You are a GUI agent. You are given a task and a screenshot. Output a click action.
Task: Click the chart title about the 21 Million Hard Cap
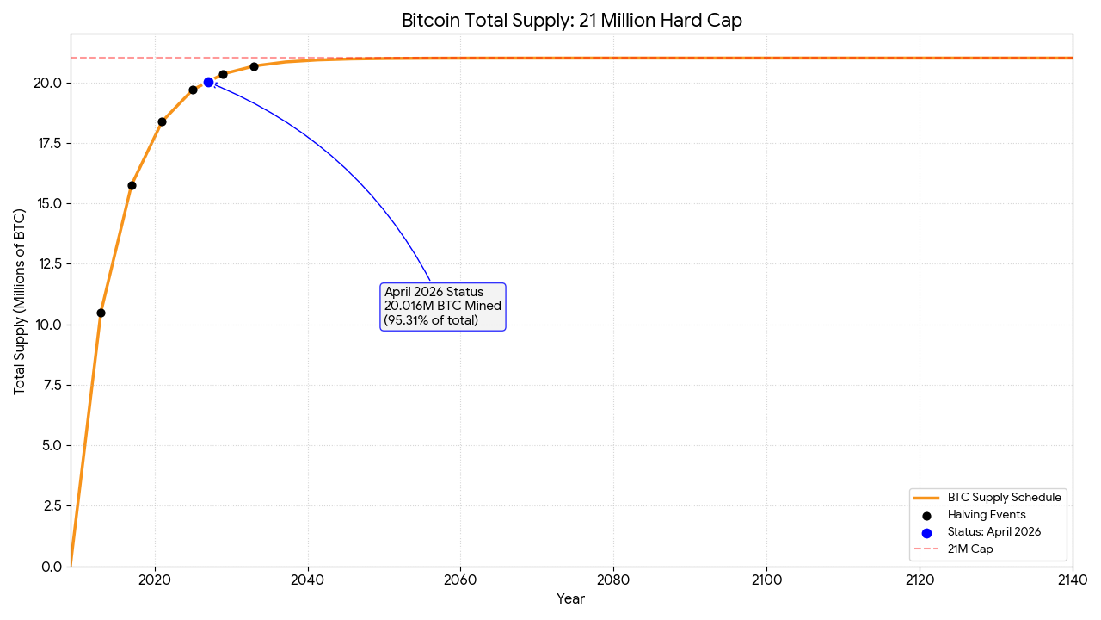coord(571,21)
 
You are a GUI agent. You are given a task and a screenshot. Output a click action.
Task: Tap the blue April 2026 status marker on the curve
coord(208,82)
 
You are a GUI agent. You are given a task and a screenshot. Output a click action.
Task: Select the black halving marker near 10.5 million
coord(101,313)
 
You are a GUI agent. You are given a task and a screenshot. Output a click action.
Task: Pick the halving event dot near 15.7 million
coord(132,185)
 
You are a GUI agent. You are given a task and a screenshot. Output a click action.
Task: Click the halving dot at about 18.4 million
coord(162,121)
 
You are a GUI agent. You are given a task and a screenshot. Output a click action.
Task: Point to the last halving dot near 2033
coord(254,66)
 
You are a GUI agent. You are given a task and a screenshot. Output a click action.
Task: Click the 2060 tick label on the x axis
coord(460,580)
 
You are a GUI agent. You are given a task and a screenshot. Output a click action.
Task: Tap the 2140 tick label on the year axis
coord(1072,580)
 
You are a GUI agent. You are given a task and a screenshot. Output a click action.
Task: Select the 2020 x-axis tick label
coord(155,580)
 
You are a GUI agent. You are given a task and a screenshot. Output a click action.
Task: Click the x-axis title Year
coord(570,599)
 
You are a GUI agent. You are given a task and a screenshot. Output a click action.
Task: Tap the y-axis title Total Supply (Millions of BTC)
coord(20,301)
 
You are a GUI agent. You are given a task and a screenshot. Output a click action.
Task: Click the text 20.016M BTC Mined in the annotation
coord(442,307)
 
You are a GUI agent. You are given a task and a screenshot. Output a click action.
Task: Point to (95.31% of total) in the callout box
coord(431,320)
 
